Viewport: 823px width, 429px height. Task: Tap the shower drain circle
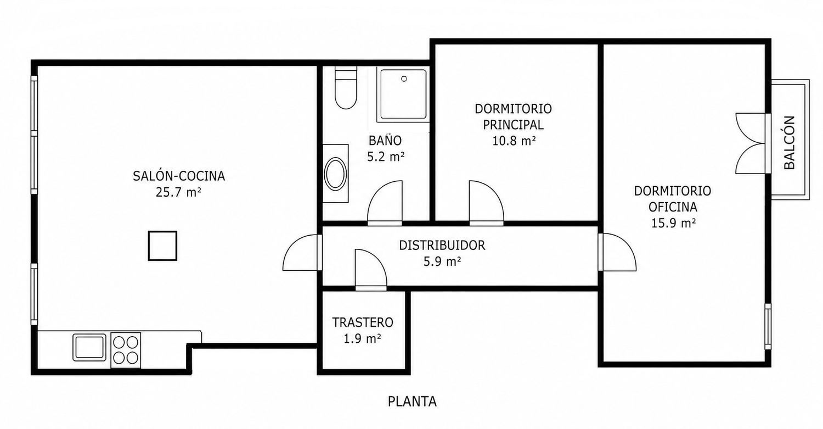click(404, 79)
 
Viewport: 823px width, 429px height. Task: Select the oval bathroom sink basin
click(335, 174)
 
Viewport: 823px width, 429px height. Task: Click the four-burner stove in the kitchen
click(126, 350)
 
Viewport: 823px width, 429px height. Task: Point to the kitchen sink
click(89, 347)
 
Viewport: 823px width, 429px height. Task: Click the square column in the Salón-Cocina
click(162, 246)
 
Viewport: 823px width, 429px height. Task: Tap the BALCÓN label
click(789, 142)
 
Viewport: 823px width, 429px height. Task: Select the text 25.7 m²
click(178, 192)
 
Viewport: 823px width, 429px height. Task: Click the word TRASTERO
click(363, 322)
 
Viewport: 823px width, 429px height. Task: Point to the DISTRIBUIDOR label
click(442, 246)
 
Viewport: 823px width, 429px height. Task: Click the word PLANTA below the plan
click(412, 402)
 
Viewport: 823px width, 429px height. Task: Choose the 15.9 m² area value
click(673, 224)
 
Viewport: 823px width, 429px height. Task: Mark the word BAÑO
click(385, 141)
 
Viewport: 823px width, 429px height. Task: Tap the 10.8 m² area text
click(514, 141)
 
